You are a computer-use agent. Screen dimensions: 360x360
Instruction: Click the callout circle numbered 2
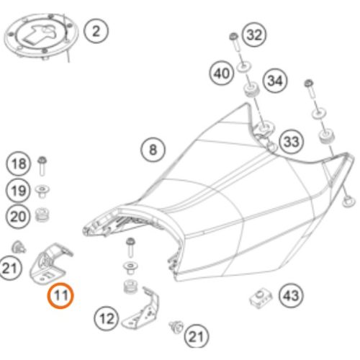click(96, 31)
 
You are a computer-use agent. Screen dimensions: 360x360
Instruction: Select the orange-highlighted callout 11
click(60, 296)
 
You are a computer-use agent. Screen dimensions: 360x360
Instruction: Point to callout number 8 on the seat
click(153, 150)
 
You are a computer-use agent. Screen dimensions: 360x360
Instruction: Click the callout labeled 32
click(254, 35)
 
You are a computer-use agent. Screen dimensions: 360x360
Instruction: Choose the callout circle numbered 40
click(221, 73)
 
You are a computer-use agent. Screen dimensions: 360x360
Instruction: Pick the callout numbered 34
click(275, 81)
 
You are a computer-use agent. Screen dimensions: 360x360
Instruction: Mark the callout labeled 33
click(292, 142)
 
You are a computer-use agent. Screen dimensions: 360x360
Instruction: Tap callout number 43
click(292, 296)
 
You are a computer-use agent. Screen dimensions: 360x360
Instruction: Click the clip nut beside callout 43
click(261, 298)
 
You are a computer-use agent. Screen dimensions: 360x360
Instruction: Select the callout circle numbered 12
click(106, 319)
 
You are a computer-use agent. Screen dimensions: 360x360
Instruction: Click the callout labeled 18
click(19, 164)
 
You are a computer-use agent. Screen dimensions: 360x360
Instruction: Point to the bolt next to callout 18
click(42, 166)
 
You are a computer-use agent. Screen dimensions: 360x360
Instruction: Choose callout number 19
click(19, 191)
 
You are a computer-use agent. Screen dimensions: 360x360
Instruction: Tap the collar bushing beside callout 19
click(42, 192)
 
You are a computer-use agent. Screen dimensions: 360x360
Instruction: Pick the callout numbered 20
click(18, 217)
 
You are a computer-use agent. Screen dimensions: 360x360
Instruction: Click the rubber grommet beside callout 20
click(42, 215)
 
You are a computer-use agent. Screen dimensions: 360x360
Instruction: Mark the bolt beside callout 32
click(235, 42)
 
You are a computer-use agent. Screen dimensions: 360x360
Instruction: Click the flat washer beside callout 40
click(244, 66)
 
